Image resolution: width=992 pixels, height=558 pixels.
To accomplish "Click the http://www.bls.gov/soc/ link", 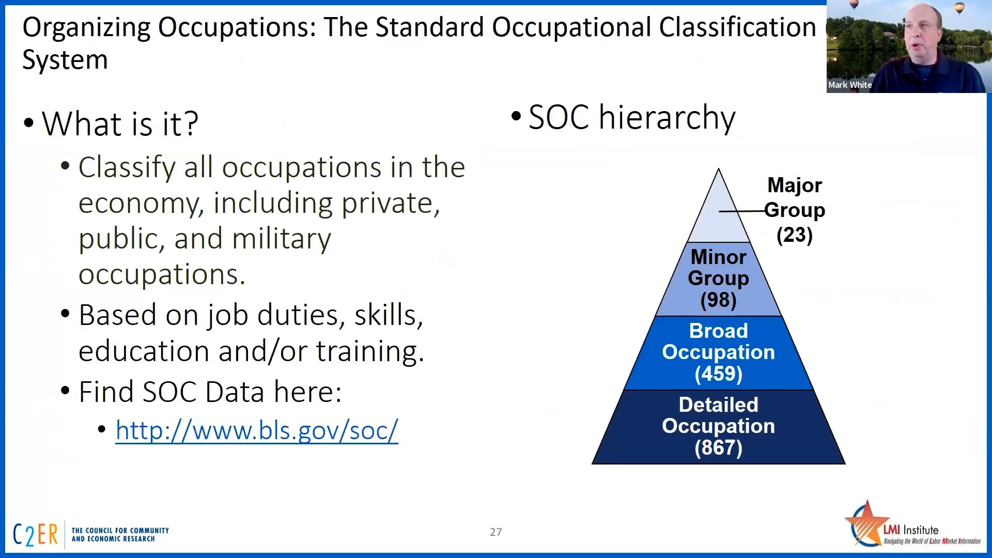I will coord(257,430).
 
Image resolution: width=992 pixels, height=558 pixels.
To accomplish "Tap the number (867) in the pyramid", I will coord(718,448).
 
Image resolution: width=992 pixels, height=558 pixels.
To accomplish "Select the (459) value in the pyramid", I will coord(718,374).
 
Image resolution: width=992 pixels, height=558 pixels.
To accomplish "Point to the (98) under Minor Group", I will coord(718,300).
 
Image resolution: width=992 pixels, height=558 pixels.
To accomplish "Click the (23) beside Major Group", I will coord(794,235).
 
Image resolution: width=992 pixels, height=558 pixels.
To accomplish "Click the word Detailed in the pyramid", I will coord(718,405).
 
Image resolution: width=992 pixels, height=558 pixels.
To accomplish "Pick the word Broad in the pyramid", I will coord(718,331).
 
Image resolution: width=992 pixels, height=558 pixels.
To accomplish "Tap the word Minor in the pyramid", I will coord(718,257).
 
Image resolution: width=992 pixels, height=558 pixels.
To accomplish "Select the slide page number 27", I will coord(495,532).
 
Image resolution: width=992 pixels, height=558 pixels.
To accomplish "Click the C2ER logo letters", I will coord(35,535).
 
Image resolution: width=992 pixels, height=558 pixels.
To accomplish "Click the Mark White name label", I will coord(849,85).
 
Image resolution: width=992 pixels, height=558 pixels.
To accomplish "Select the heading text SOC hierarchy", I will coord(631,117).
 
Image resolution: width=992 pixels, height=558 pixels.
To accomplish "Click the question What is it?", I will coord(120,124).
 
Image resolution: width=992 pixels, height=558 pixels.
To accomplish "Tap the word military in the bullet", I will coord(281,239).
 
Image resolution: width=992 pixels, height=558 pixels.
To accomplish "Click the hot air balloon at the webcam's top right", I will coord(959,8).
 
